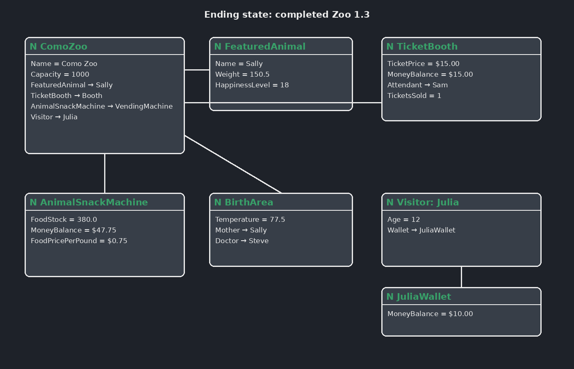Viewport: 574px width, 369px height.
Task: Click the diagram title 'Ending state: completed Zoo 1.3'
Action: coord(287,15)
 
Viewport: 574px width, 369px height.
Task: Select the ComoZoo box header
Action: coord(105,46)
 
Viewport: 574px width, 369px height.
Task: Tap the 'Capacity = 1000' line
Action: coord(60,74)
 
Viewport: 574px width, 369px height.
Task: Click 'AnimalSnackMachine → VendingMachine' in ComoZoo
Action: coord(102,106)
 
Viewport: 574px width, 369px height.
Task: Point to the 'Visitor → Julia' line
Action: coord(54,117)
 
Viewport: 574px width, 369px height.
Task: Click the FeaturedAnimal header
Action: coord(281,46)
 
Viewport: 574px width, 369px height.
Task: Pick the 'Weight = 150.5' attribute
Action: coord(242,74)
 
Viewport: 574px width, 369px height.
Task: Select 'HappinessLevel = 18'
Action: coord(252,85)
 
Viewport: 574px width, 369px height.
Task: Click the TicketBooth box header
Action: coord(461,46)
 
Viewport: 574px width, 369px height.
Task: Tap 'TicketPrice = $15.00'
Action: coord(423,64)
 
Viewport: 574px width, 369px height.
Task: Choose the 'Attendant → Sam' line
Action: coord(417,85)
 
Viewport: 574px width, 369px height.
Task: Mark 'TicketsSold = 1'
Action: coord(414,96)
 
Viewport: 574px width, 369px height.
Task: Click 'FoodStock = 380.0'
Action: coord(64,220)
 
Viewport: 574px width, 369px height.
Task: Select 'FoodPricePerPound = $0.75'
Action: coord(79,241)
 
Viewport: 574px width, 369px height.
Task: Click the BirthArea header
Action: coord(281,202)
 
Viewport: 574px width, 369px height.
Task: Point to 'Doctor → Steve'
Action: coord(242,241)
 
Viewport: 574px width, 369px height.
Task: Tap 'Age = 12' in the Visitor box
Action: coord(403,220)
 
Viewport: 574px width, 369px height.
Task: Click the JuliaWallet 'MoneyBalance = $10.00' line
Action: coord(430,314)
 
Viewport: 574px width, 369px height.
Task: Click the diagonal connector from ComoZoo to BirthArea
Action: coord(233,164)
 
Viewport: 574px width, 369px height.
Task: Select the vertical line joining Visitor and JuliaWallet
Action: coord(461,277)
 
